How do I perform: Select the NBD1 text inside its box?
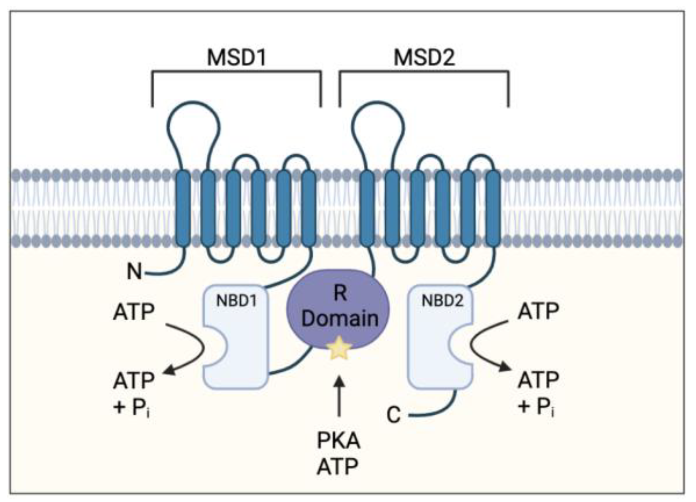pos(236,301)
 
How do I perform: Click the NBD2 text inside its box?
pos(442,301)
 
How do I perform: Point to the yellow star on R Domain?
pos(339,347)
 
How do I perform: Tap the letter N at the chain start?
pos(134,272)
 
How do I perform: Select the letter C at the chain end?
pos(393,416)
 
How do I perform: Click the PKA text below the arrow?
pos(339,441)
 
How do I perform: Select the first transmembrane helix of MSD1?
pos(183,209)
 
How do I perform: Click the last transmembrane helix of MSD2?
pos(493,209)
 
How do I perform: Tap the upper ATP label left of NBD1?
pos(134,311)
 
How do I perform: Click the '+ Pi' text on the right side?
pos(536,407)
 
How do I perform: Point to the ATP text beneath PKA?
pos(337,466)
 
